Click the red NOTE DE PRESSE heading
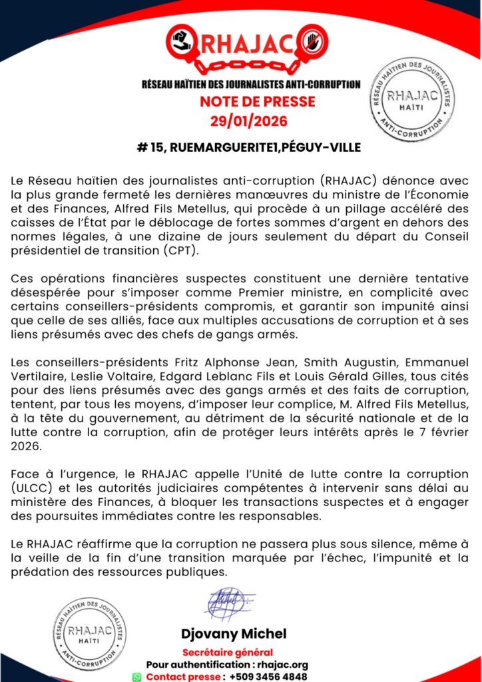tap(258, 103)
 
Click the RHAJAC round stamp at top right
tap(412, 99)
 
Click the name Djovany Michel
tap(234, 633)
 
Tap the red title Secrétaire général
tap(228, 652)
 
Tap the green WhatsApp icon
tap(137, 677)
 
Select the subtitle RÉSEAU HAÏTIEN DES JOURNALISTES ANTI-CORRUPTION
tap(251, 85)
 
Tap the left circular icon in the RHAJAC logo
tap(181, 41)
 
